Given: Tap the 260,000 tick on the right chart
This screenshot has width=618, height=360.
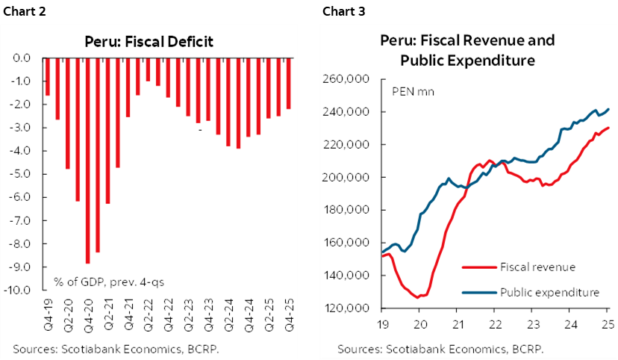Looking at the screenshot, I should coord(353,79).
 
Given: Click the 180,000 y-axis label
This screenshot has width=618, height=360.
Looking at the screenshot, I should coord(353,210).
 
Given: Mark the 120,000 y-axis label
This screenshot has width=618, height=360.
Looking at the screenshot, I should coord(353,308).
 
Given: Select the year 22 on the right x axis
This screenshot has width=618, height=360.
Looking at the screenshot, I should coord(494,326).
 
